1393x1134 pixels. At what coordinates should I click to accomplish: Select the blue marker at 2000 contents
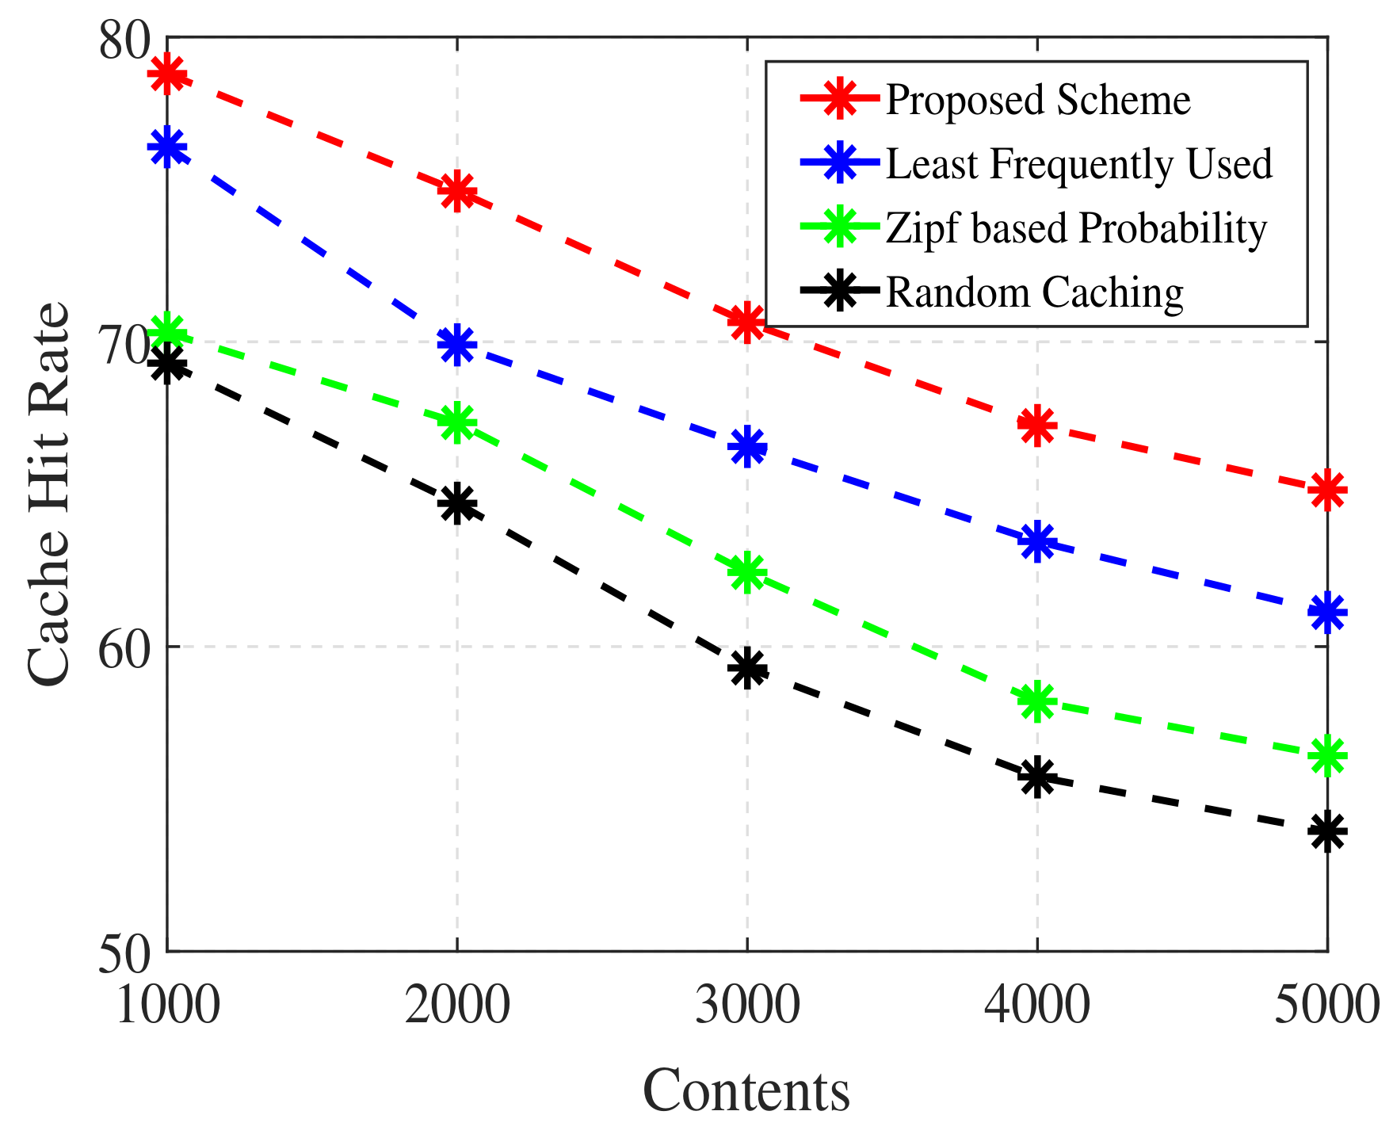[456, 345]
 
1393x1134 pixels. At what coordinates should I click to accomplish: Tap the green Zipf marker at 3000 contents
[746, 572]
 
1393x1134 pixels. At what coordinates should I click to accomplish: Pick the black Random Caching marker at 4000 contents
[1036, 776]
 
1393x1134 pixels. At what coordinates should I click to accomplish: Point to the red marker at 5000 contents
[1327, 490]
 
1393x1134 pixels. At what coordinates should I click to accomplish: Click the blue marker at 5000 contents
[1327, 613]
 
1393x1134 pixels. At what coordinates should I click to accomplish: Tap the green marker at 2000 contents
[456, 422]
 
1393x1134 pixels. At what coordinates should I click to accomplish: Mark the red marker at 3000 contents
[746, 322]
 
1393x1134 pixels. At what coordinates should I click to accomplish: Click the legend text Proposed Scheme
[1037, 101]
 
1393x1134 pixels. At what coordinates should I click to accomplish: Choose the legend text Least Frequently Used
[1078, 164]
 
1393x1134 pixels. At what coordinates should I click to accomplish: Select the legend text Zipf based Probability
[1076, 228]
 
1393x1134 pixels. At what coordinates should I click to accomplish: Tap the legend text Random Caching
[1034, 292]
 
